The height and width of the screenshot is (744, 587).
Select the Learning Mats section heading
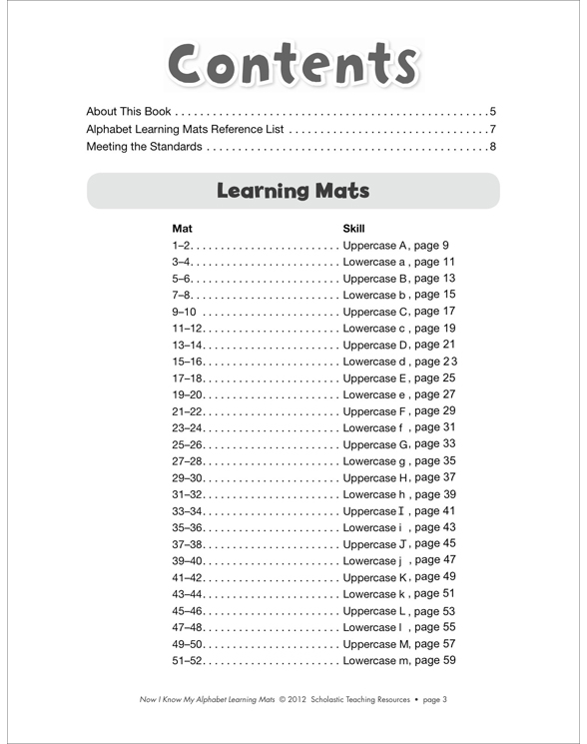[293, 191]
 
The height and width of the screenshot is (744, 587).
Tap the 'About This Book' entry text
[129, 111]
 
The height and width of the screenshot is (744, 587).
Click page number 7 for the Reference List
[493, 130]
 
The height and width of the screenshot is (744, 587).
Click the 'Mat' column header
[182, 228]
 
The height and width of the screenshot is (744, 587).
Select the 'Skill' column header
[353, 228]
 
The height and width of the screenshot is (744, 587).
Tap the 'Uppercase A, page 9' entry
[395, 245]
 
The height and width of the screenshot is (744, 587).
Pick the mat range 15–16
[188, 362]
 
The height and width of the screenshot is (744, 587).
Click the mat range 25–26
[188, 444]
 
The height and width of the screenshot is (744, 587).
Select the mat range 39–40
[188, 561]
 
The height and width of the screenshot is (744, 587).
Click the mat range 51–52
[188, 660]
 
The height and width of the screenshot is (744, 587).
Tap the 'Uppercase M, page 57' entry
[398, 644]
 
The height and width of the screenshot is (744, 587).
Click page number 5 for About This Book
[493, 111]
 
